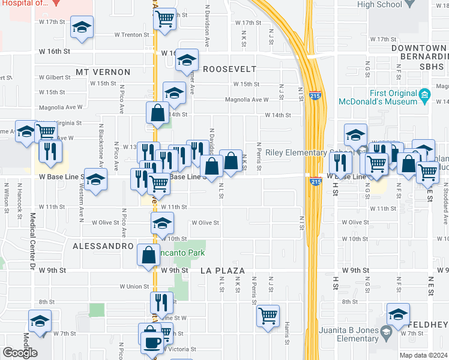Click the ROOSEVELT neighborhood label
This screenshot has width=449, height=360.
[x=230, y=69]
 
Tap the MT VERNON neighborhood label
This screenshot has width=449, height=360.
[x=103, y=72]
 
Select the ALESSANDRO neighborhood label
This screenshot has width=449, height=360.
[x=103, y=246]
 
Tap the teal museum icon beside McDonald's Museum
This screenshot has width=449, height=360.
[x=424, y=94]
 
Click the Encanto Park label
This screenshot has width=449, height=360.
[x=182, y=253]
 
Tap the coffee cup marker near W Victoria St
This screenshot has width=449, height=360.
[x=151, y=341]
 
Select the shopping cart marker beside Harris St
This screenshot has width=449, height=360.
[x=268, y=315]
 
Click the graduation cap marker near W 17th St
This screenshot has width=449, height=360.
[x=82, y=27]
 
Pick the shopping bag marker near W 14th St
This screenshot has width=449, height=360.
[x=157, y=112]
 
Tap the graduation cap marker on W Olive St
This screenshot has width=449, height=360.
[x=161, y=224]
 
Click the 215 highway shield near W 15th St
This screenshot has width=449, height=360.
[x=315, y=95]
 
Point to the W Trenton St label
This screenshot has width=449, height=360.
[x=131, y=35]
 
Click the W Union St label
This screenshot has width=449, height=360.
[x=134, y=286]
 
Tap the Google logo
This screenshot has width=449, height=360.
[x=20, y=352]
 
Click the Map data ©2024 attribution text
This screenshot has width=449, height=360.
[x=423, y=355]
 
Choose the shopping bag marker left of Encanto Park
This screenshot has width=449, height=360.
[x=148, y=255]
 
